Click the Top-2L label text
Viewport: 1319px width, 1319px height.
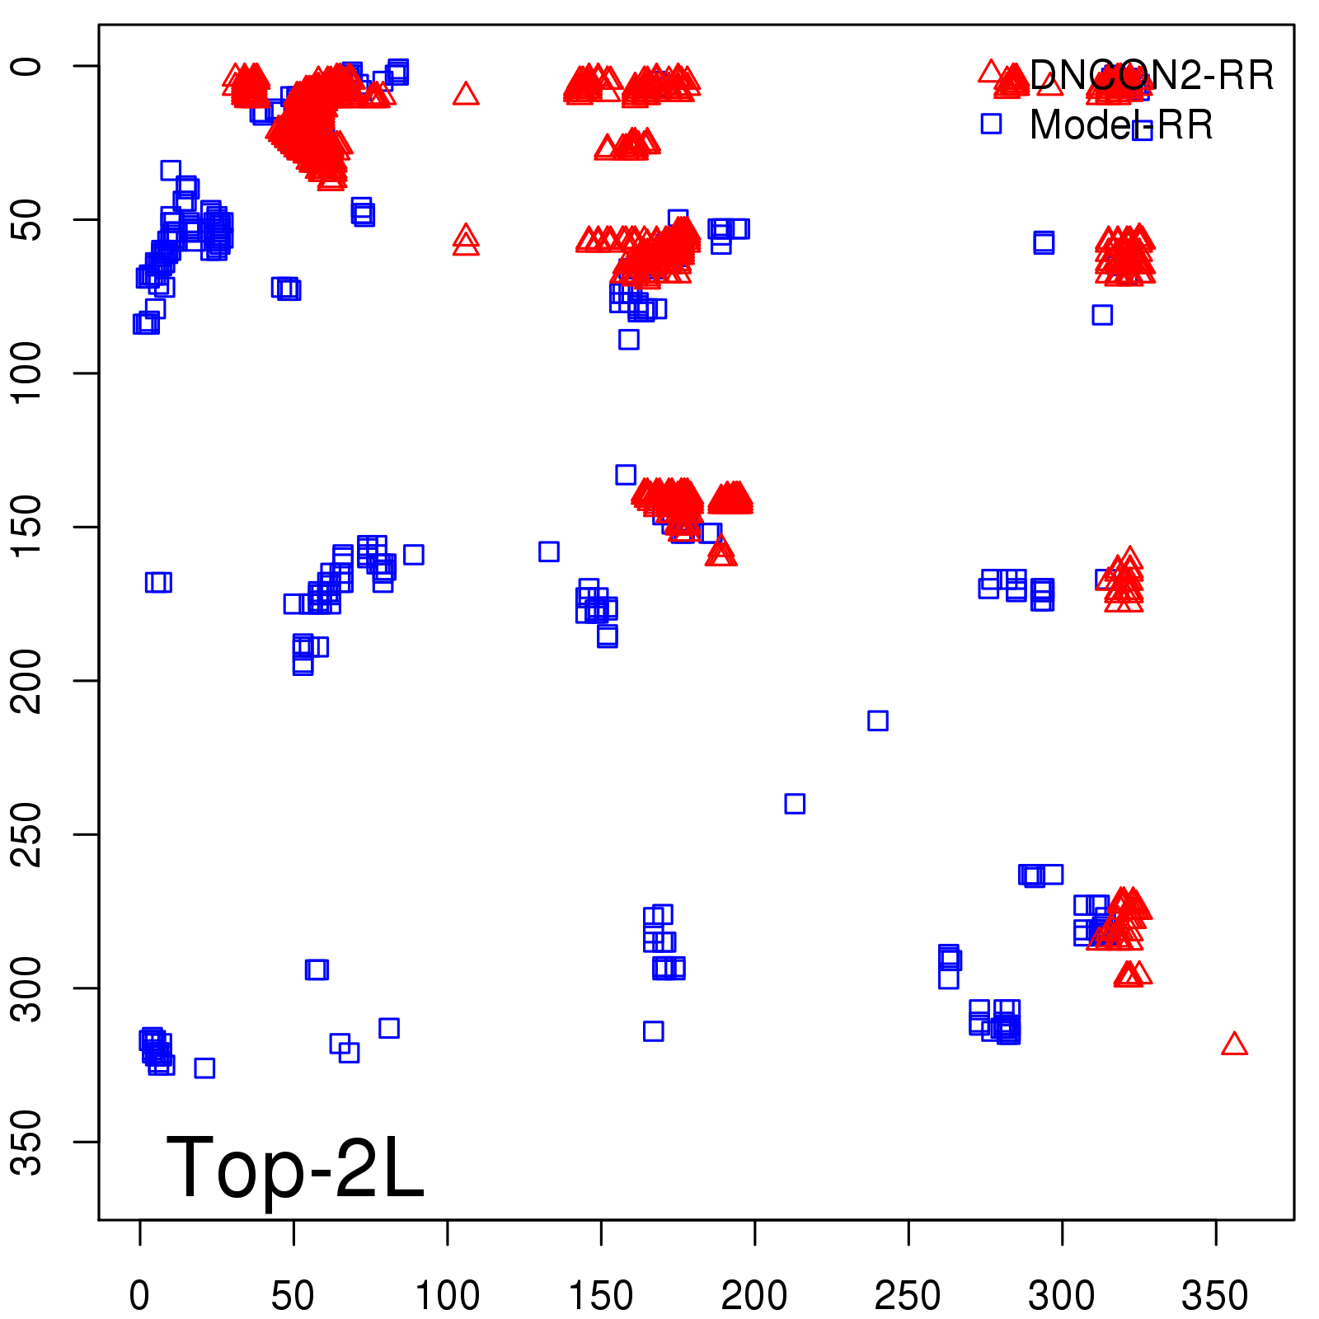[295, 1167]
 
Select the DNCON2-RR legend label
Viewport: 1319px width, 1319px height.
[1151, 76]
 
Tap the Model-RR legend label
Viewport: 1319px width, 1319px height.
[1121, 125]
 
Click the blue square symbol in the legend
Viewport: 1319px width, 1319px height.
[991, 124]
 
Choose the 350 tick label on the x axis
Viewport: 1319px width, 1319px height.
[1215, 1296]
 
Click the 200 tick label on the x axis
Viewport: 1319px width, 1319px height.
[754, 1296]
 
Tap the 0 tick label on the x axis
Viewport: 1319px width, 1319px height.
[140, 1296]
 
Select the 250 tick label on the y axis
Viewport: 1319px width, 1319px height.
[26, 834]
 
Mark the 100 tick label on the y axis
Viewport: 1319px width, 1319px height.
[26, 373]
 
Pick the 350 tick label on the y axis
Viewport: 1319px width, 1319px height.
[26, 1142]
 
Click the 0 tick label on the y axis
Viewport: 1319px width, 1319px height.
[26, 66]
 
